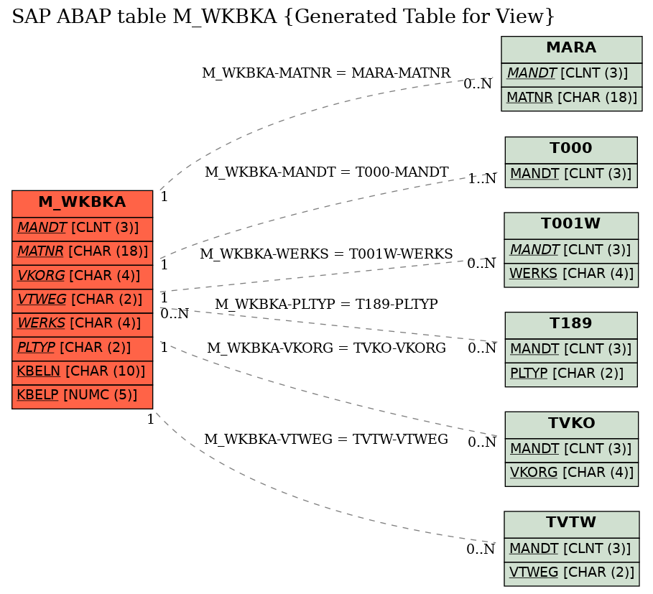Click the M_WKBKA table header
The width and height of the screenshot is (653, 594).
[82, 203]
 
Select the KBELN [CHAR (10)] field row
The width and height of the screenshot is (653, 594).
[82, 371]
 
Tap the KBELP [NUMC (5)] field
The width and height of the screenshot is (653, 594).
[82, 396]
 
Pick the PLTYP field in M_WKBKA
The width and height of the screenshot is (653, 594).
[82, 348]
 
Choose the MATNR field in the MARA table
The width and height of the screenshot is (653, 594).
[571, 98]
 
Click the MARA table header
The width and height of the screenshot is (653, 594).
[571, 48]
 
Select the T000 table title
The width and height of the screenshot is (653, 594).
[571, 149]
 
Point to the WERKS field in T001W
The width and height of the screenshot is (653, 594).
[571, 274]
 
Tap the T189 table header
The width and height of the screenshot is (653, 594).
[571, 324]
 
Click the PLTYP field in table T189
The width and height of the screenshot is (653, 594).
[571, 373]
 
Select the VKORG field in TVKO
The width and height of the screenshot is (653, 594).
[571, 473]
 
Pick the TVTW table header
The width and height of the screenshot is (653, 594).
[571, 523]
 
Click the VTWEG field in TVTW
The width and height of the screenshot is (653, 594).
[571, 572]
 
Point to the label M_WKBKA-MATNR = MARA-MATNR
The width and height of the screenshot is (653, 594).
[326, 73]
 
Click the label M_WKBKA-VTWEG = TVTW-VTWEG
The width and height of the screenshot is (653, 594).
[326, 440]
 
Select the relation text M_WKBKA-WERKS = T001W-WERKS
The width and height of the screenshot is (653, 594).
[326, 254]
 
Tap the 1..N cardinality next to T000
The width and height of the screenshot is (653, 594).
[482, 179]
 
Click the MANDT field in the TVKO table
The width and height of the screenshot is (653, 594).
[571, 448]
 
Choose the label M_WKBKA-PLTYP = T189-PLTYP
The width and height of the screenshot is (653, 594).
[326, 305]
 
